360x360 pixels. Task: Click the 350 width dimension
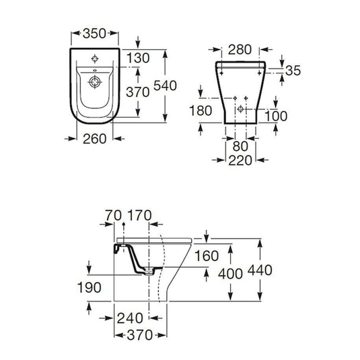[94, 34]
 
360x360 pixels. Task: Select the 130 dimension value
[138, 58]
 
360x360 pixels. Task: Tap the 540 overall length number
[165, 85]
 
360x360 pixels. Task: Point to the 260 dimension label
[94, 139]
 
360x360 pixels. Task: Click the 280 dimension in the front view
[240, 50]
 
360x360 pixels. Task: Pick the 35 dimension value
[293, 71]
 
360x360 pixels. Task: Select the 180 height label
[201, 110]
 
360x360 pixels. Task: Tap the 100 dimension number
[276, 116]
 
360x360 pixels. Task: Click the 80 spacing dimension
[240, 146]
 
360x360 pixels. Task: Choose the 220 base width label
[240, 160]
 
